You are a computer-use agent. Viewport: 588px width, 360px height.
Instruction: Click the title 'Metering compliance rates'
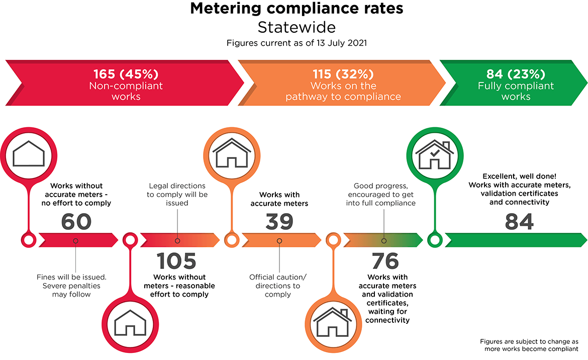(297, 9)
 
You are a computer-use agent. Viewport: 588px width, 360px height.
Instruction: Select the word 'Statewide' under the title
(297, 26)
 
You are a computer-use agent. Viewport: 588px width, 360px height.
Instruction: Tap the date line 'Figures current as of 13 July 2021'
(297, 43)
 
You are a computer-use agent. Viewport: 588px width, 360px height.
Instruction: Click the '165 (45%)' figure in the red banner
(126, 74)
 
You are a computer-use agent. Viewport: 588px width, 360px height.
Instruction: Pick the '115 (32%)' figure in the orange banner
(343, 74)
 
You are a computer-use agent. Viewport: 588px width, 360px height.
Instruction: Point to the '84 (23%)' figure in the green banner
(516, 74)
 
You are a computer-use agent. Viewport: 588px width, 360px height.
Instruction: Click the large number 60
(76, 222)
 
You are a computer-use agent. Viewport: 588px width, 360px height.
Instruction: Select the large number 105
(176, 261)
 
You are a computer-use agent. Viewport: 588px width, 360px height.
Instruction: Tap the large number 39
(279, 222)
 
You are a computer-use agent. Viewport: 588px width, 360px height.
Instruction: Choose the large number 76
(385, 261)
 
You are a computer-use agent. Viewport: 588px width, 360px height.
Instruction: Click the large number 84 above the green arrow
(519, 222)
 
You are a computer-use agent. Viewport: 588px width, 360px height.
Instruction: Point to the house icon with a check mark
(433, 154)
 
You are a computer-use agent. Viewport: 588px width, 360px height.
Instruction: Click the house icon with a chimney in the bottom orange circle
(332, 322)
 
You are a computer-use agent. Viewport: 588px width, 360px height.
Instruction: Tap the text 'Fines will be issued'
(71, 277)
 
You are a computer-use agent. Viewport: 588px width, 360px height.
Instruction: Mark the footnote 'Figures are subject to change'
(529, 341)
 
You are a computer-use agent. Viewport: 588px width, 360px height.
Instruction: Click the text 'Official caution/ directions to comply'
(277, 286)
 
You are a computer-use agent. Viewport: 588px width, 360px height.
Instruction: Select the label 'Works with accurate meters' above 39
(279, 199)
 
